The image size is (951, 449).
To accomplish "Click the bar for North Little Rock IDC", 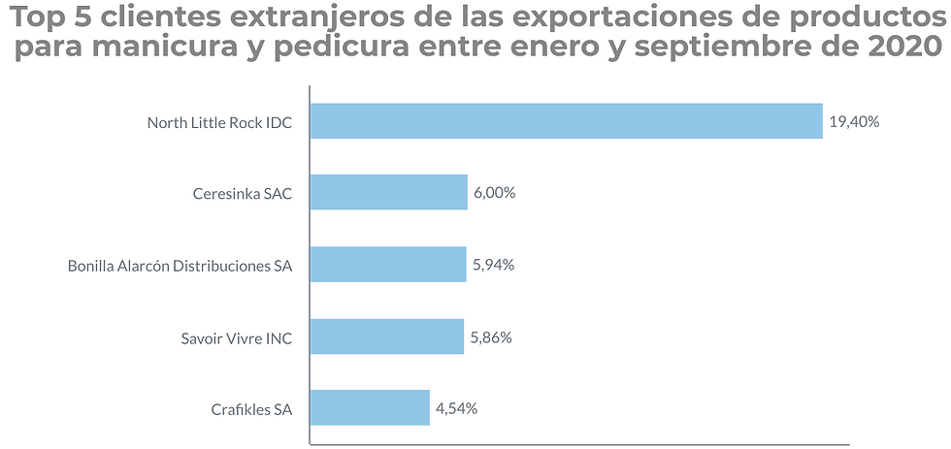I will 566,121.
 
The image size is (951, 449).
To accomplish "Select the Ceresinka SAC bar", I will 388,192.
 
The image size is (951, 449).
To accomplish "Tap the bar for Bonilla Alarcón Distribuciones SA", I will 387,264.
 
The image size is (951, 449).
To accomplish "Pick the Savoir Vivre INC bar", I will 386,337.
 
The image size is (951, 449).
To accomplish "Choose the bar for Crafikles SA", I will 369,407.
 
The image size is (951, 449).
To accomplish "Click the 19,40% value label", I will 854,122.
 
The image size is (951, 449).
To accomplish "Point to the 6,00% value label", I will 494,193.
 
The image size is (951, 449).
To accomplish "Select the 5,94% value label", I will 493,265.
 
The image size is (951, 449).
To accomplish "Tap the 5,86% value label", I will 491,337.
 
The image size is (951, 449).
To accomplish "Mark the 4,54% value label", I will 456,408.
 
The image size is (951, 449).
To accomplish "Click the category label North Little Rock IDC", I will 219,122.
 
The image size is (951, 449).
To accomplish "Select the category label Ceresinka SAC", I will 243,193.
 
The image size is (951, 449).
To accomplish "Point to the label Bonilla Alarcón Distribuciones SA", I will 180,265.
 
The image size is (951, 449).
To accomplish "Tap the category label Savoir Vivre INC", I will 236,337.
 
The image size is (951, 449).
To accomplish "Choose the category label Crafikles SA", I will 251,408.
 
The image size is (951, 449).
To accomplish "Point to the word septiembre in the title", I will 725,47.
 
